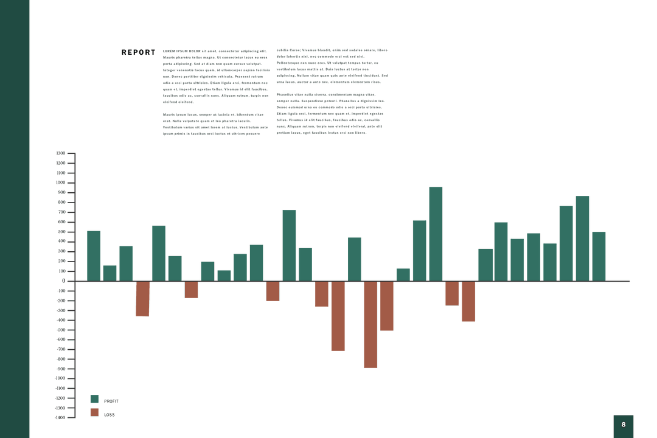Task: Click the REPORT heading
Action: tap(138, 52)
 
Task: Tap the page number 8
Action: tap(623, 425)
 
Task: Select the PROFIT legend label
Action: tap(111, 401)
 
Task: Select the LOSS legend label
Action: tap(109, 415)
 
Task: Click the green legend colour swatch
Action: tap(94, 399)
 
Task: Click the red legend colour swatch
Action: tap(94, 412)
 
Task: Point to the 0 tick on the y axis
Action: tap(63, 280)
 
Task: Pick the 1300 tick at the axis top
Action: tap(60, 153)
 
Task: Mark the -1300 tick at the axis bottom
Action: tap(60, 417)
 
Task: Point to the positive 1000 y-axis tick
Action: tap(60, 182)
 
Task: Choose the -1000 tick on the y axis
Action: tap(60, 378)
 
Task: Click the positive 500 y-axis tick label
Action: tap(61, 232)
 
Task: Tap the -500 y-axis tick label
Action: tap(61, 330)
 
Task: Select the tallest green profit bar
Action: tap(436, 234)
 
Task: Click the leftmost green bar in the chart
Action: tap(94, 255)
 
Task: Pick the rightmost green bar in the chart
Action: tap(599, 256)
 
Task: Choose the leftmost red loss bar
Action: tap(142, 299)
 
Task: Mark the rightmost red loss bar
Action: tap(468, 301)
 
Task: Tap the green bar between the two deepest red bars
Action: tap(355, 259)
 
